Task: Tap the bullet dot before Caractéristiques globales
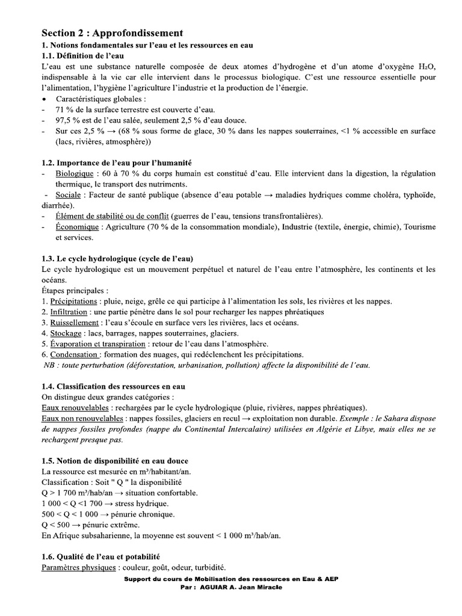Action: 44,99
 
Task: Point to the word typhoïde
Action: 416,196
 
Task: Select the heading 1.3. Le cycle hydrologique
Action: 117,258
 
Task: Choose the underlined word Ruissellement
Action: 75,322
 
